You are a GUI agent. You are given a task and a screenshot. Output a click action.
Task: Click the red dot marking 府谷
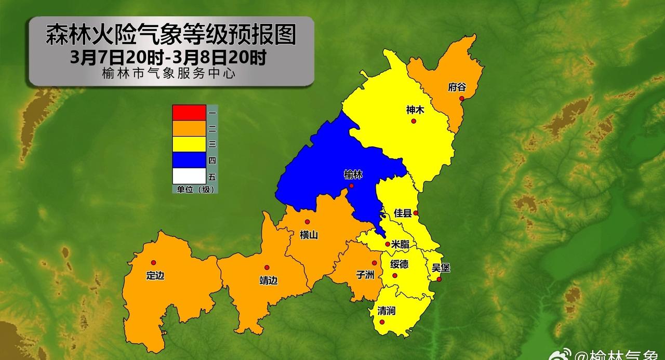[x=461, y=98]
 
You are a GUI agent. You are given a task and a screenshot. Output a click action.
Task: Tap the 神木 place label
[x=415, y=110]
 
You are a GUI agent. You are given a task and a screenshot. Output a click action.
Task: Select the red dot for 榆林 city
[x=352, y=186]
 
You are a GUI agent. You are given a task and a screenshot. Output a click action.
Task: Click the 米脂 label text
[x=400, y=244]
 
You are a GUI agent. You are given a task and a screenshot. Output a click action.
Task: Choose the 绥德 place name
[x=400, y=264]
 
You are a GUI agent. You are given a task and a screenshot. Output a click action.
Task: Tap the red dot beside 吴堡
[x=439, y=279]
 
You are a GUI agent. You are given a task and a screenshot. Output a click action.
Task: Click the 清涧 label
[x=386, y=311]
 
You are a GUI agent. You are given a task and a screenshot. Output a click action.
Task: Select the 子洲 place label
[x=365, y=275]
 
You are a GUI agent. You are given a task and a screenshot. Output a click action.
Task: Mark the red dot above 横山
[x=307, y=222]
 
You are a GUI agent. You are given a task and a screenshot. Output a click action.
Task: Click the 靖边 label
[x=268, y=281]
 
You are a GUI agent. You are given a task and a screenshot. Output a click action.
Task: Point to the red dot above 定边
[x=153, y=263]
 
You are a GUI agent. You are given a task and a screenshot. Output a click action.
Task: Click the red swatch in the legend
[x=189, y=112]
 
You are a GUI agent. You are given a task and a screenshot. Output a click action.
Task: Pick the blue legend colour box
[x=189, y=160]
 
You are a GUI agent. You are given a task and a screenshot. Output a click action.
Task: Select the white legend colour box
[x=189, y=176]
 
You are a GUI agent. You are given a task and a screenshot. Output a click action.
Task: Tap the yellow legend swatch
[x=189, y=144]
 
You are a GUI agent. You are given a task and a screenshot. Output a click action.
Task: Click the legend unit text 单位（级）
[x=194, y=190]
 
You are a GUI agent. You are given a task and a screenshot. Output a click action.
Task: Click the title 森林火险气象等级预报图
[x=171, y=35]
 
